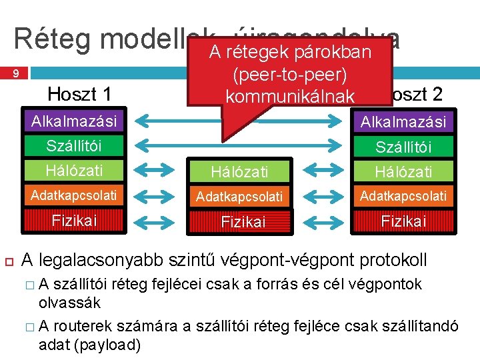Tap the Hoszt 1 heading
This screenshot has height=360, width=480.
(80, 94)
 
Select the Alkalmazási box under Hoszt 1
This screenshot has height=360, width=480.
(73, 121)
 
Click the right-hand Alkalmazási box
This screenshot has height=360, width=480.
(403, 121)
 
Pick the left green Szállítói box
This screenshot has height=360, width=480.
(73, 145)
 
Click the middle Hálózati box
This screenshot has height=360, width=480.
(239, 172)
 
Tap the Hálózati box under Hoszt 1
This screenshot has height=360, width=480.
(73, 170)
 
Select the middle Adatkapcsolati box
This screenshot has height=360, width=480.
(239, 197)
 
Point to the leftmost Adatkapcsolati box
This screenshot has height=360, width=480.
(73, 195)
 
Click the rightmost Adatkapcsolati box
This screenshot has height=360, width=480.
(403, 196)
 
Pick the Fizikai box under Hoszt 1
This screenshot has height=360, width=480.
(73, 221)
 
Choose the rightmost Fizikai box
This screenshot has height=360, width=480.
(403, 221)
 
